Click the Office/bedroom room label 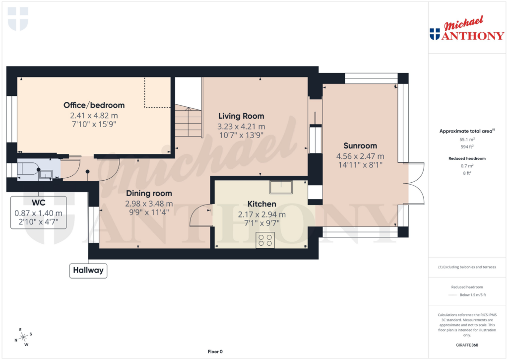click(94, 105)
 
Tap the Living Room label click(242, 116)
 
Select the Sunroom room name click(360, 146)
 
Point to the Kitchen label click(262, 204)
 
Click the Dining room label click(149, 193)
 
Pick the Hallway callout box click(88, 271)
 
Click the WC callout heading click(39, 203)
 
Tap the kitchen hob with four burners click(265, 240)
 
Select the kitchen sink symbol click(281, 187)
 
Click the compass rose click(23, 337)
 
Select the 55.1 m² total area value click(466, 140)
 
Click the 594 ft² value click(466, 147)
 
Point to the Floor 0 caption click(215, 352)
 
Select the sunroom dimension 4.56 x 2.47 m click(360, 156)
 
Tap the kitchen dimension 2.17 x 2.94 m click(262, 215)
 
